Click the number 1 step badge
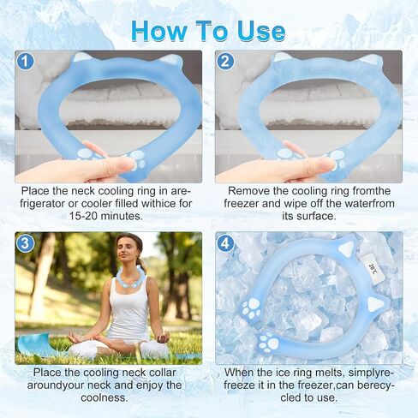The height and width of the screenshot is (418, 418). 25,62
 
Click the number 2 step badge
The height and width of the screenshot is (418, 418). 225,62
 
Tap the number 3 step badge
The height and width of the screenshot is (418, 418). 25,243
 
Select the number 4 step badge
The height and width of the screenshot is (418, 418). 225,243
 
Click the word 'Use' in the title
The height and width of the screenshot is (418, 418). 261,32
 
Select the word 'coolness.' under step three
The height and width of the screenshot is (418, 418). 104,397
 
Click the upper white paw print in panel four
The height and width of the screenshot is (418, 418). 251,308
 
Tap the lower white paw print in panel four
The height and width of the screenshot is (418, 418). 267,342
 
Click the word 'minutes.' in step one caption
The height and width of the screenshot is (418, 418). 122,216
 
